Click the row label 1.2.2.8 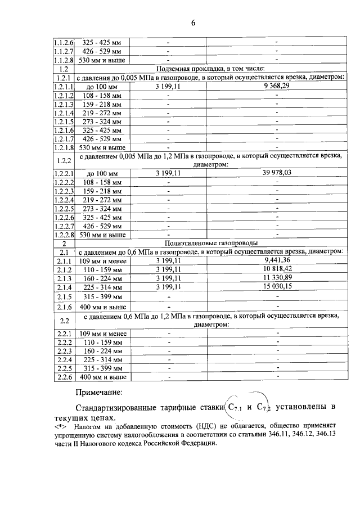tap(64, 235)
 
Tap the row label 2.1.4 tap(64, 287)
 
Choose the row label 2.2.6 tap(64, 376)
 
